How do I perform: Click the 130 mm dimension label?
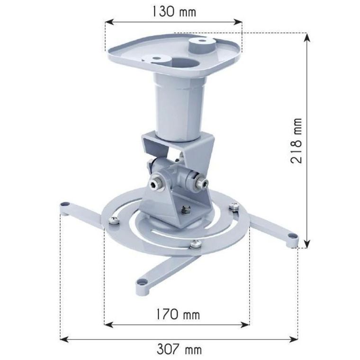tap(174, 11)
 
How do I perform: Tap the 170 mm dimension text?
tap(176, 314)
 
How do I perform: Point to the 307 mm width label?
tap(179, 350)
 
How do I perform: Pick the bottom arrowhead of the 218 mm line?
tap(307, 243)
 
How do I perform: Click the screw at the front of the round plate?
tap(195, 244)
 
